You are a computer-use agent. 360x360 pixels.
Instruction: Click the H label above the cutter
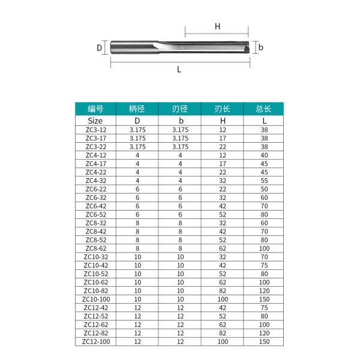click(218, 26)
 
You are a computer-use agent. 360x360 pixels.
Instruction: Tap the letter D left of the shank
click(100, 47)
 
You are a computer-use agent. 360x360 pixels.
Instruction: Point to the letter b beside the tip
click(262, 46)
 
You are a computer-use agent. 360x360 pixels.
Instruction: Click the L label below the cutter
click(179, 70)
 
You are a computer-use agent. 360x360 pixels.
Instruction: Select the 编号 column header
click(95, 109)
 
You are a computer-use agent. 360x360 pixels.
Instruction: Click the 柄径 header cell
click(137, 109)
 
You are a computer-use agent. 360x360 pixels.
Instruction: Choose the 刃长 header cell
click(223, 109)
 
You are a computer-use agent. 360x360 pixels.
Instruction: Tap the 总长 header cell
click(264, 109)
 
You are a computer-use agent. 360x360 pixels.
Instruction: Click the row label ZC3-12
click(95, 129)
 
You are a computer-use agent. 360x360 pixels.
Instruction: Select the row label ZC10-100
click(95, 298)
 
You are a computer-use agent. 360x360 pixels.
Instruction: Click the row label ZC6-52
click(95, 214)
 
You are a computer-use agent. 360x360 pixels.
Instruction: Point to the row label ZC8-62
click(95, 247)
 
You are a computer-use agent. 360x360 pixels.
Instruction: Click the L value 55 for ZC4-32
click(264, 180)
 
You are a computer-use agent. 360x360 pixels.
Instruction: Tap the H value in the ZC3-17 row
click(223, 137)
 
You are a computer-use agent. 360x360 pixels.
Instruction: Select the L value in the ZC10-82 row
click(264, 289)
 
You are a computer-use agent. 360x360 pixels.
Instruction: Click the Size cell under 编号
click(95, 120)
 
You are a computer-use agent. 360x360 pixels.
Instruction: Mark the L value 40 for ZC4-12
click(264, 155)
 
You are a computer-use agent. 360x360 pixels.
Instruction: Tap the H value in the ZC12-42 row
click(223, 307)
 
